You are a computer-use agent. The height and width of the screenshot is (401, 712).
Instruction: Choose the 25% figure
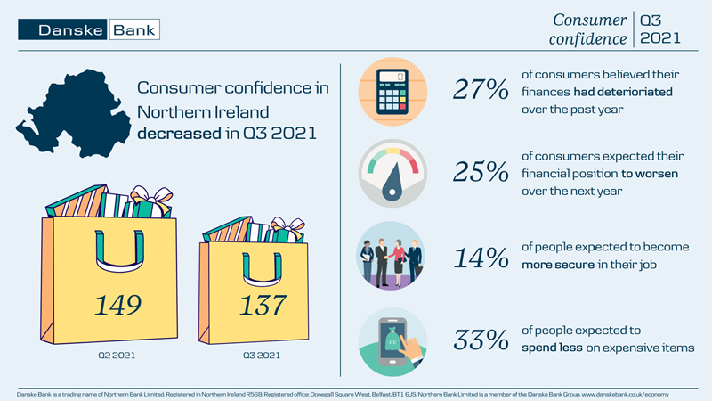[480, 174]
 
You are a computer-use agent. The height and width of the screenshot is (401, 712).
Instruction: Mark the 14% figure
[480, 258]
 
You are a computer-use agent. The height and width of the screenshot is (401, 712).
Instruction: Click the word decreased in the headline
[174, 135]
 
